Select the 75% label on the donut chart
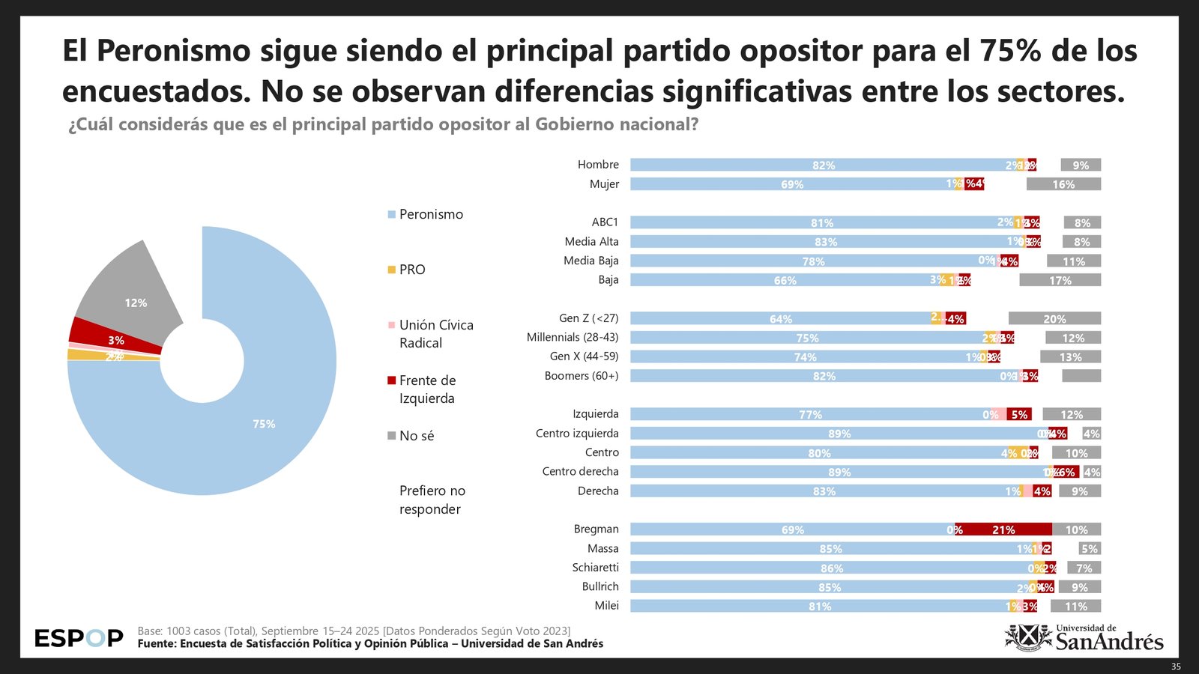click(x=264, y=424)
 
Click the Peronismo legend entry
click(x=431, y=214)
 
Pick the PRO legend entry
click(x=411, y=270)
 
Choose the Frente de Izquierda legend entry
click(x=427, y=389)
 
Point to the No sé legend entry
click(x=416, y=436)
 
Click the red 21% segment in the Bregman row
click(x=1003, y=529)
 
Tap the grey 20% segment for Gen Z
click(x=1054, y=318)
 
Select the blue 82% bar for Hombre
click(x=823, y=165)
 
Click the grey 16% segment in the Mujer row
click(x=1063, y=184)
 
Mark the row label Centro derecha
click(x=580, y=472)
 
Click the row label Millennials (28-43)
click(x=573, y=338)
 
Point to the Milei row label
click(x=606, y=606)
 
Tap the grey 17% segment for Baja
click(x=1060, y=280)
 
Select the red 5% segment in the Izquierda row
click(x=1019, y=414)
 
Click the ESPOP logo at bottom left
click(x=79, y=638)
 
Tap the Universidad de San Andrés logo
click(x=1084, y=638)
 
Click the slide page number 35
click(x=1175, y=667)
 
